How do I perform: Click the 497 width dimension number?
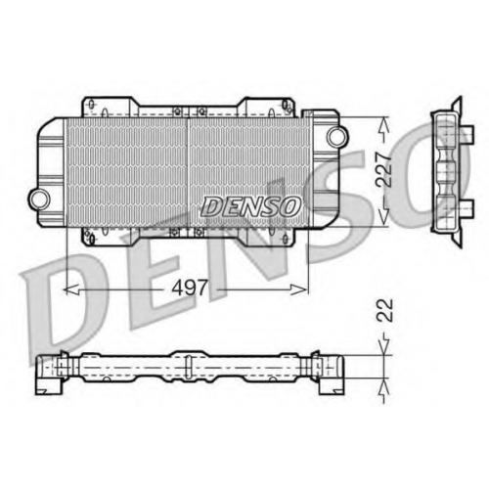click(190, 288)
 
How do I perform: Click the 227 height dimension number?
click(383, 169)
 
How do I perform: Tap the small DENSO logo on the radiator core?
click(250, 206)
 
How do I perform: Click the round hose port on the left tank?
click(39, 199)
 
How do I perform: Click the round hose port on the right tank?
click(337, 136)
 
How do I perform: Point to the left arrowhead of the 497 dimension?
click(71, 289)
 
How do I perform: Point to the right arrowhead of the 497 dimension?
click(299, 289)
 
